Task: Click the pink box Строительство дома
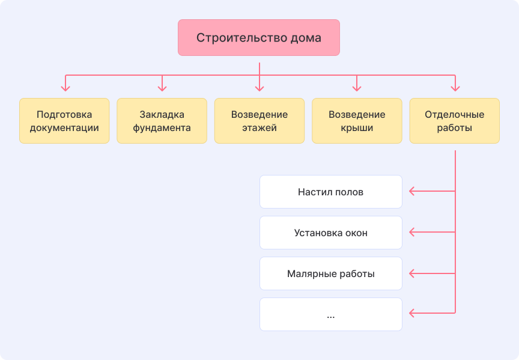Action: tap(259, 38)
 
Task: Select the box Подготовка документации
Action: tap(64, 121)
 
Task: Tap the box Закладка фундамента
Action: tap(162, 121)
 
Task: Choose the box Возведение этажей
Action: tap(259, 121)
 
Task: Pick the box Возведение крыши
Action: tap(357, 121)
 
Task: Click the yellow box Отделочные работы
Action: tap(454, 121)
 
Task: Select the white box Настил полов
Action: tap(331, 192)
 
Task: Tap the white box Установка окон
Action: tap(331, 233)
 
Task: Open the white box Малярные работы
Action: tap(331, 273)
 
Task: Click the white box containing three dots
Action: tap(331, 314)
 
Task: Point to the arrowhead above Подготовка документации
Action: tap(65, 88)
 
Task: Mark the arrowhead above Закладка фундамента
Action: tap(162, 88)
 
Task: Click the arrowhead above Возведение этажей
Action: tap(259, 88)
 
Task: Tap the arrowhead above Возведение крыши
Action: tap(357, 88)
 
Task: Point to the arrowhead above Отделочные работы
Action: tap(455, 88)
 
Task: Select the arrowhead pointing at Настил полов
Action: tap(412, 192)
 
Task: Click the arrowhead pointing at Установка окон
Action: tap(412, 233)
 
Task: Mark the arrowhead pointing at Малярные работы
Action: tap(412, 273)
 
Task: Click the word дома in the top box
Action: tap(306, 38)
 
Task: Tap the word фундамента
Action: tap(162, 128)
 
